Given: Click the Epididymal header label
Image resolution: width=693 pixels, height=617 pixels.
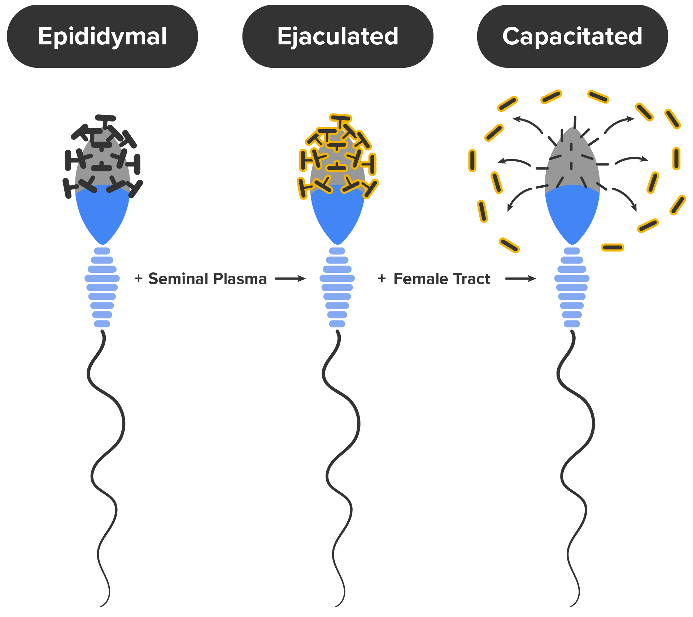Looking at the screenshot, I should [x=103, y=36].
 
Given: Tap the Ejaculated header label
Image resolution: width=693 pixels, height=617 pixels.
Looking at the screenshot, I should [x=338, y=36].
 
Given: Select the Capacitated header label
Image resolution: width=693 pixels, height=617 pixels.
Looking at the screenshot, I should [x=572, y=36].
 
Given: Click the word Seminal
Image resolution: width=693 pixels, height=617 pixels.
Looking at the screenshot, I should [x=178, y=279].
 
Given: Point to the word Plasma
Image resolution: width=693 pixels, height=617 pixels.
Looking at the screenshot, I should [x=240, y=279].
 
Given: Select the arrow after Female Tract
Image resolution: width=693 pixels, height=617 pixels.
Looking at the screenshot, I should [x=520, y=279].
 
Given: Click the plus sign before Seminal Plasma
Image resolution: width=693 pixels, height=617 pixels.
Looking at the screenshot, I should [x=139, y=279].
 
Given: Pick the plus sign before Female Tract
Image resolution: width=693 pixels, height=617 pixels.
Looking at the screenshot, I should [x=382, y=279].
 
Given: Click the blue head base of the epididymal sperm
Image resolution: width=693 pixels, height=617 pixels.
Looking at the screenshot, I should [x=103, y=213].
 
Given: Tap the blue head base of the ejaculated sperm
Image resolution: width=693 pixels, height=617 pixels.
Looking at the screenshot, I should [x=337, y=213].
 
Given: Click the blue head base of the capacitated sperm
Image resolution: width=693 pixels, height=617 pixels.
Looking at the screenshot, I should [x=572, y=213].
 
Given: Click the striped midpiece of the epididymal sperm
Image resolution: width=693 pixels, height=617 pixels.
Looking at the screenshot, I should [x=102, y=287].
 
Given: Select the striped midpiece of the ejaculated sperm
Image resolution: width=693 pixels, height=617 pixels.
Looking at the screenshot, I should [x=337, y=287].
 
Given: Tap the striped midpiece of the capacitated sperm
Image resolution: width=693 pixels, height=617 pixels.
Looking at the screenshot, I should [x=572, y=287].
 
